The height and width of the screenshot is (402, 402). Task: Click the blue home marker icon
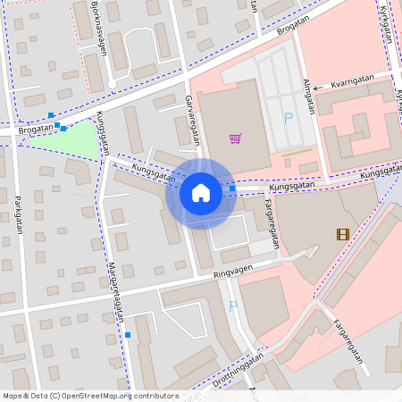click(200, 192)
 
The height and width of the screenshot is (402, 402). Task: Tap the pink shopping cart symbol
click(235, 138)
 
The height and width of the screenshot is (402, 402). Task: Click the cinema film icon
click(343, 234)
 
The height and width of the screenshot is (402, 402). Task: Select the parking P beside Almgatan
click(288, 117)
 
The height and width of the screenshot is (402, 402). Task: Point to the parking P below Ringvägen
click(233, 306)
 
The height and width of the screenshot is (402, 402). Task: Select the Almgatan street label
click(307, 96)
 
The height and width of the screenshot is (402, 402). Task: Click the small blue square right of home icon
click(232, 188)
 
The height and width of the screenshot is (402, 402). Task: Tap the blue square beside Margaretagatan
click(128, 335)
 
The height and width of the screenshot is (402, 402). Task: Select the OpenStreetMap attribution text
click(90, 396)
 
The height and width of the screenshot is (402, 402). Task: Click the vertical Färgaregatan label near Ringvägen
click(272, 222)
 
